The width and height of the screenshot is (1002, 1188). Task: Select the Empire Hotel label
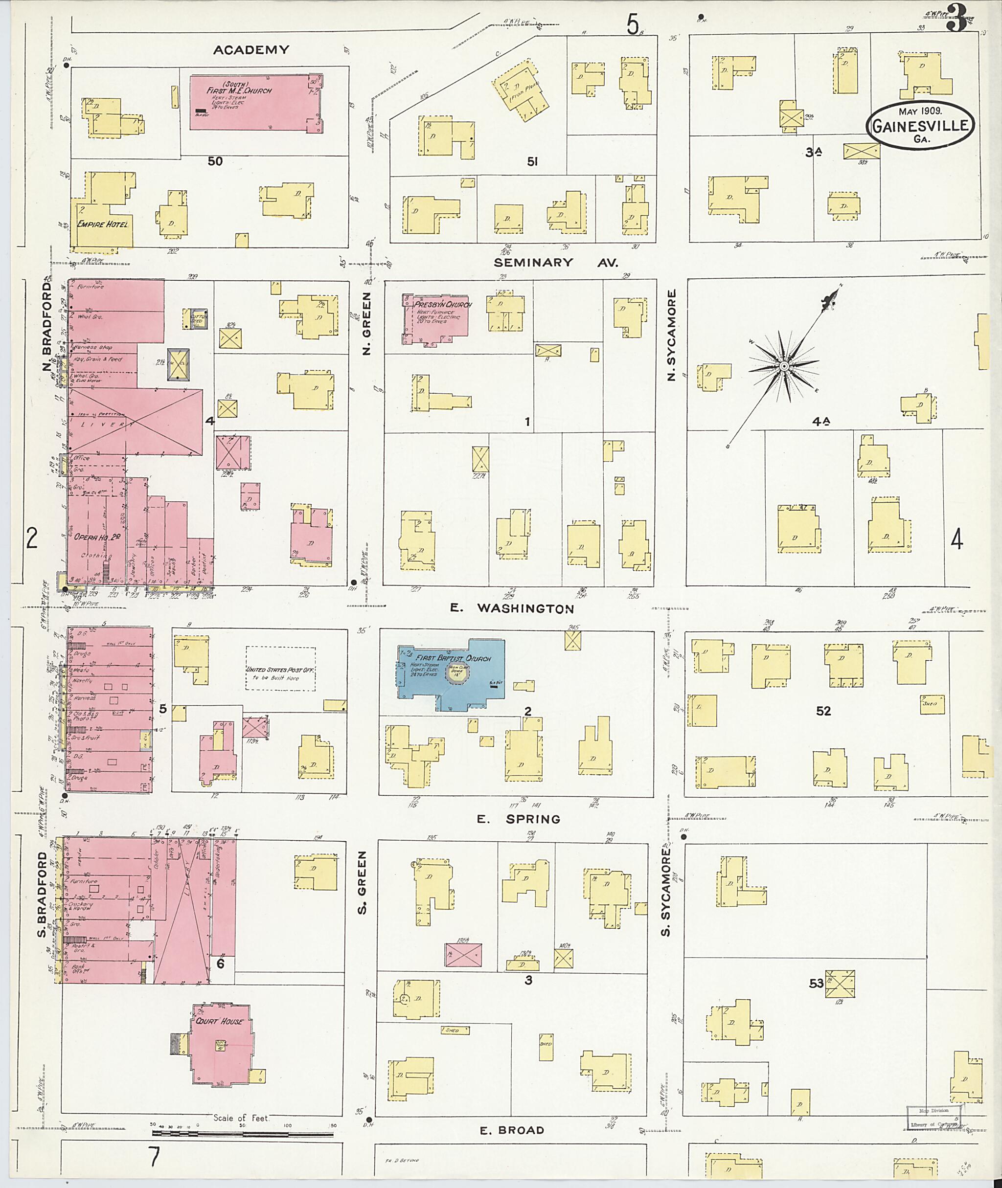[x=103, y=224]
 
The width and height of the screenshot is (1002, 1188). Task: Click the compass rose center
[x=784, y=366]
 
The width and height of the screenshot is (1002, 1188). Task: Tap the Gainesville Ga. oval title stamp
[x=920, y=126]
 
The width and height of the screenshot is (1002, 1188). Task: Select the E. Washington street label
[x=512, y=609]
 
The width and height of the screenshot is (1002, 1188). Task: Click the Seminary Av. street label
[x=555, y=262]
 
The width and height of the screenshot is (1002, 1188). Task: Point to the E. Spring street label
[x=518, y=819]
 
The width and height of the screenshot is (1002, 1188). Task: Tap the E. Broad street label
[x=512, y=1130]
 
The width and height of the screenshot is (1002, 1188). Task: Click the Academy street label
[x=251, y=50]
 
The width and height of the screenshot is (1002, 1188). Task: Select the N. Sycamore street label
[x=672, y=335]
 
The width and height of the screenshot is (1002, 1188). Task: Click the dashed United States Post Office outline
[x=281, y=669]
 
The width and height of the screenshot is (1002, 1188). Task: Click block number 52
[x=823, y=711]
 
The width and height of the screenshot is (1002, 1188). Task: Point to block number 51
[x=532, y=162]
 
